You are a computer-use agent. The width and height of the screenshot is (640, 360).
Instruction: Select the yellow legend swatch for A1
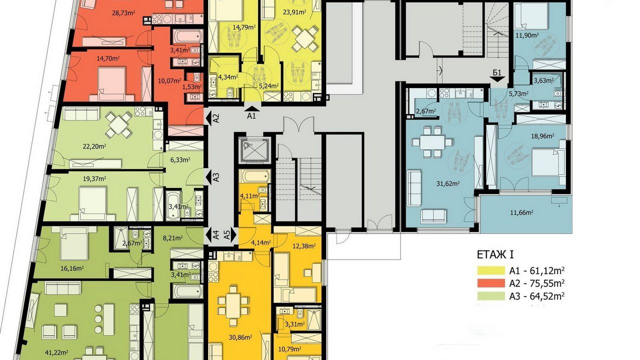click(x=491, y=270)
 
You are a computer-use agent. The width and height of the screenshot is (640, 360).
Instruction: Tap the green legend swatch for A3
click(x=491, y=296)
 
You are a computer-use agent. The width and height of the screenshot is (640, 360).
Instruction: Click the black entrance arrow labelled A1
click(x=251, y=108)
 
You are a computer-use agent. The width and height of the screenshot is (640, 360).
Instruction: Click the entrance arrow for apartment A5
click(x=233, y=235)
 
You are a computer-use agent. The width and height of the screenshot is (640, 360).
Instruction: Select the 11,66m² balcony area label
click(x=522, y=212)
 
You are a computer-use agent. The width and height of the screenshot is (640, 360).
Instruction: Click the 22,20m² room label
click(x=94, y=146)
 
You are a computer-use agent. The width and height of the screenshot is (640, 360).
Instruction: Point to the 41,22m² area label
click(x=56, y=352)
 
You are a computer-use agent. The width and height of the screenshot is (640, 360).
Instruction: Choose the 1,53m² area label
click(x=192, y=86)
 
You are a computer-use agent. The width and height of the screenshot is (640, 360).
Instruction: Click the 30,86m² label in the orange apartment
click(x=240, y=337)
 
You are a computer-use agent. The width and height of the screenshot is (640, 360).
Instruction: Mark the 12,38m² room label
click(x=303, y=245)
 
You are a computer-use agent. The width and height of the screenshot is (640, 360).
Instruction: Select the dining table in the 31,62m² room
click(x=431, y=142)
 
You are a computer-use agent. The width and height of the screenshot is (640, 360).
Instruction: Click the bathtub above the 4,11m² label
click(x=254, y=176)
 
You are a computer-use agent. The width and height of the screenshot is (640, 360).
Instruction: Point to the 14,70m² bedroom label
click(x=108, y=59)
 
